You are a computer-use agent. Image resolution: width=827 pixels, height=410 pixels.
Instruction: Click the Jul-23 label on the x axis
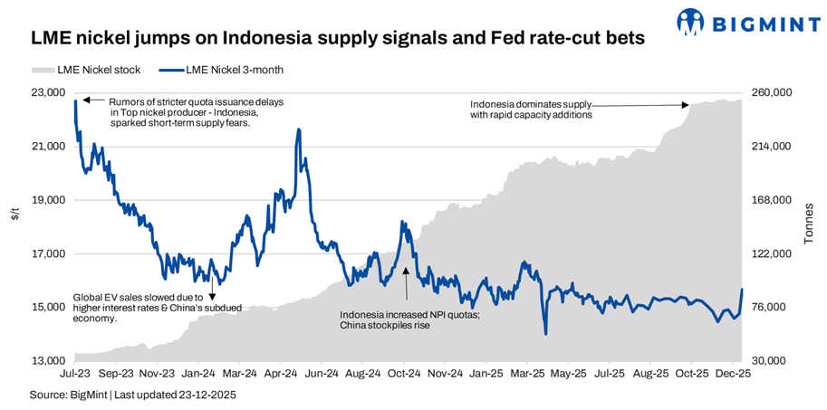[74, 373]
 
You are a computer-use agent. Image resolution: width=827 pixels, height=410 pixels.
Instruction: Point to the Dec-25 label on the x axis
[732, 373]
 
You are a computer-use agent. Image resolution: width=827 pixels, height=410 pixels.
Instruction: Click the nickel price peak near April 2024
[298, 130]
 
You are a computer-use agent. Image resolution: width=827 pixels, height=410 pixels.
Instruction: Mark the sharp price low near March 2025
[545, 334]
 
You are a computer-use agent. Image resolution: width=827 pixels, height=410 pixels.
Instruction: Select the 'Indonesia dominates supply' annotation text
[531, 110]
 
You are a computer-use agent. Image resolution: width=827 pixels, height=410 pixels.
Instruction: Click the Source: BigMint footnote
[122, 396]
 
